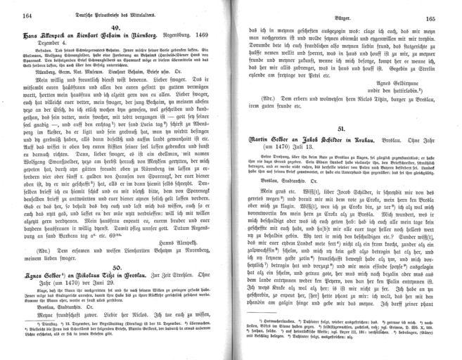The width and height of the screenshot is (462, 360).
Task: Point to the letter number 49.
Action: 119,25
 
